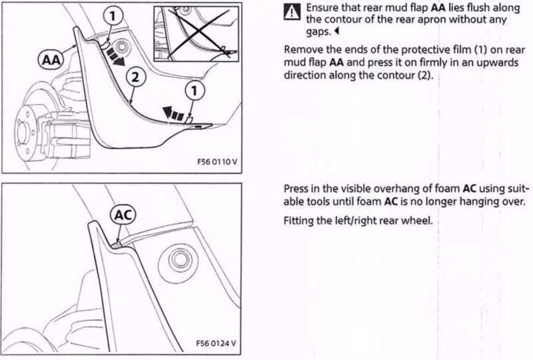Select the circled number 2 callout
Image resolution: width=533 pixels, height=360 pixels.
pos(135,77)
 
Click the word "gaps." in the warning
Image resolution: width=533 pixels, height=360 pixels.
pos(318,32)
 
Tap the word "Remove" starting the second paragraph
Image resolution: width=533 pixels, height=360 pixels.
pos(302,51)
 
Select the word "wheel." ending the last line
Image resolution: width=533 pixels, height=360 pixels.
pos(418,219)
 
